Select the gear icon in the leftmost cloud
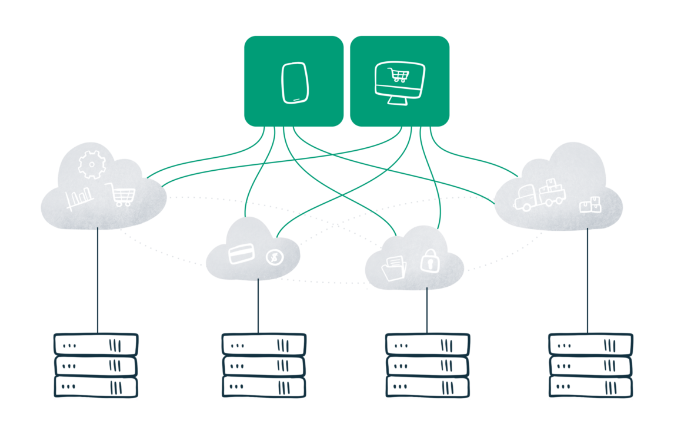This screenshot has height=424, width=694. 91,164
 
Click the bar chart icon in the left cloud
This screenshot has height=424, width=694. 79,199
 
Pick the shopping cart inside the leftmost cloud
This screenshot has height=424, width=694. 120,194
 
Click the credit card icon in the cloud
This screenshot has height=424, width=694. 241,254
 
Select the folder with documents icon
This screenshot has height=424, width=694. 394,268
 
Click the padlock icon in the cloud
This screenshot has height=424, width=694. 429,260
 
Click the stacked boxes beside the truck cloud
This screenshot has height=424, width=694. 590,205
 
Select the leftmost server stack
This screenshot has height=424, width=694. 96,365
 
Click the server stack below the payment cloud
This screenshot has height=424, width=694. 263,365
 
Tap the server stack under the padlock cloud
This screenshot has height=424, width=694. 428,365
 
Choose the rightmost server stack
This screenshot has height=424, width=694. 590,365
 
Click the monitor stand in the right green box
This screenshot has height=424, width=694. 399,100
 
